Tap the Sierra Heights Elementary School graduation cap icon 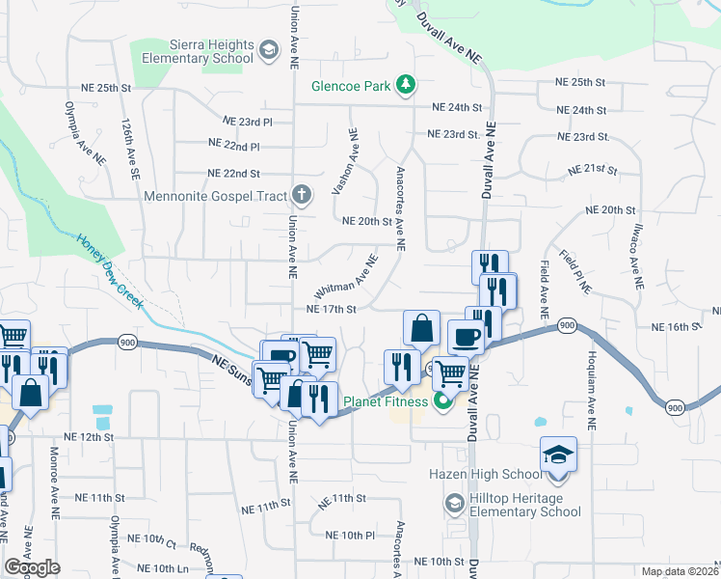coord(269,50)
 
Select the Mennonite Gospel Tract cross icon coord(302,196)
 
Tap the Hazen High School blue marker coord(557,454)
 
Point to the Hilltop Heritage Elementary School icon coord(453,504)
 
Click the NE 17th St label coord(332,310)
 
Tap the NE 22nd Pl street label coord(234,146)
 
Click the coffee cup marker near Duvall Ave coord(467,338)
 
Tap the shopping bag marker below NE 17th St coord(421,328)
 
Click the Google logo coord(32,567)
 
